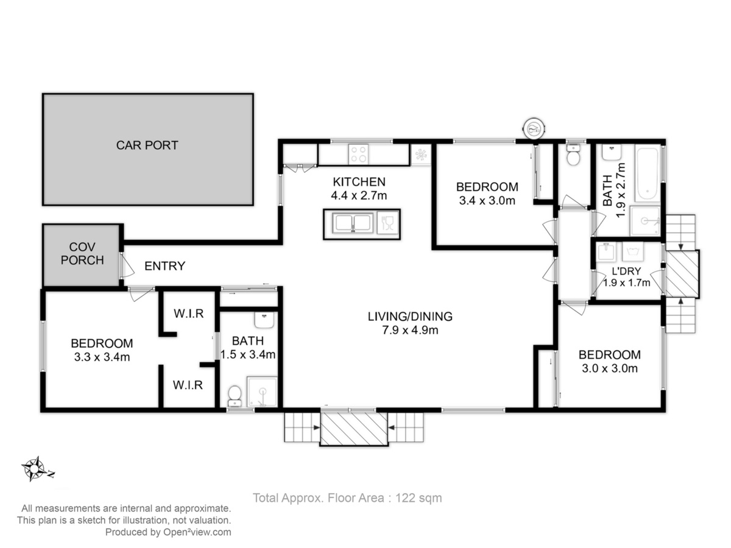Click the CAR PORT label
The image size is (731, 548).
(147, 145)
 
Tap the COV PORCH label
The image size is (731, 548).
(82, 253)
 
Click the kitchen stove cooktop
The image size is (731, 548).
(358, 154)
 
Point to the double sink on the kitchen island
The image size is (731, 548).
(353, 223)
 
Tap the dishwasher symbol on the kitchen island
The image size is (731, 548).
(387, 223)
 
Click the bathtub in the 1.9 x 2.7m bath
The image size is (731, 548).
(648, 173)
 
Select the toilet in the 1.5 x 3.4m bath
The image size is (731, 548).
(235, 396)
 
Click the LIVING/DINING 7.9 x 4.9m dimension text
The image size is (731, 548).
(410, 330)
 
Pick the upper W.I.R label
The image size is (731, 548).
(188, 313)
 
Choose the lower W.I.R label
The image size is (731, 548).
(188, 385)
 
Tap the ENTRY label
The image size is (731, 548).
(165, 266)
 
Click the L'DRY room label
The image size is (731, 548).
(626, 271)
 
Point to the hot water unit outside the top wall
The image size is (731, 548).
(534, 128)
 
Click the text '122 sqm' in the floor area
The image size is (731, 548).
(418, 497)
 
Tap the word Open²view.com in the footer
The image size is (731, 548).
(197, 532)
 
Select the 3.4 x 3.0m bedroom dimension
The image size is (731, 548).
(487, 201)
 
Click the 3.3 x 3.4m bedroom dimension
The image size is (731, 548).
(102, 357)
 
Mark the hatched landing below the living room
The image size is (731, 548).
(354, 428)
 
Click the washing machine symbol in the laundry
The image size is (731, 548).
(633, 251)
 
